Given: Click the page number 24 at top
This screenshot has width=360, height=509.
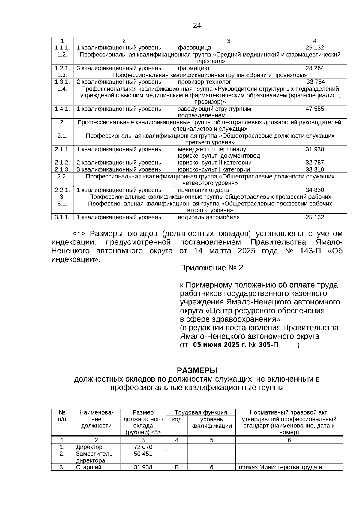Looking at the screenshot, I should point(197,25).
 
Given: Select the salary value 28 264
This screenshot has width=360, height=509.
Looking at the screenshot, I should point(315,68).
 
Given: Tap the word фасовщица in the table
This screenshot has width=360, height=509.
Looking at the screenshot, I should point(194,48).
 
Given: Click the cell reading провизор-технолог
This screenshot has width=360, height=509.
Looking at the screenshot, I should point(204,82).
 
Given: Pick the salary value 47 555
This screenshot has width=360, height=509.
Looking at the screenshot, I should point(315,109).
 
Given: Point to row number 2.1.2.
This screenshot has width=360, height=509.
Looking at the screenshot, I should point(62,163).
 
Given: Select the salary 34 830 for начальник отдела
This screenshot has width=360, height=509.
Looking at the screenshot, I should point(315,190).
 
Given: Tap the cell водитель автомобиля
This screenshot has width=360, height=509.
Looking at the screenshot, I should point(209,217).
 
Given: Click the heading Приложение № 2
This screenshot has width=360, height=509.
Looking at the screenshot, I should point(211,268).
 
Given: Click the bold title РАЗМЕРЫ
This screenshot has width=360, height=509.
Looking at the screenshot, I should point(197,370).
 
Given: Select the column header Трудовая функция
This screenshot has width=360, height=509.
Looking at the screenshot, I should point(201,412).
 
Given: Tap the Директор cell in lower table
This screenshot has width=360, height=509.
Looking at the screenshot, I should point(89,447).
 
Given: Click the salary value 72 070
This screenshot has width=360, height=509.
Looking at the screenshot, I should point(143,447).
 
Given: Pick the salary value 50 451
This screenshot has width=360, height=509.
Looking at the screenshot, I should point(143,454).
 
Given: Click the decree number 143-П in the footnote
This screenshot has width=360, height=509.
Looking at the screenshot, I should point(310,251).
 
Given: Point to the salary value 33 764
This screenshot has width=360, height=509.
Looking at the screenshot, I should point(315,82).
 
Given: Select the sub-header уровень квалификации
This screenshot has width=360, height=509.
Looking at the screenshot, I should point(211,423).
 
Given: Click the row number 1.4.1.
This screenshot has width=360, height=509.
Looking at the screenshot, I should point(62,109).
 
